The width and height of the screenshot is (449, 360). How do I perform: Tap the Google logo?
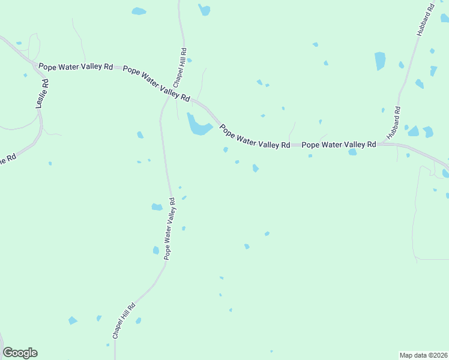[x=20, y=353]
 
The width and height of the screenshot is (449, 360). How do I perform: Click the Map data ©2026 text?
[x=424, y=355]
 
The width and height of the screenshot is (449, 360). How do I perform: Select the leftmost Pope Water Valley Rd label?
[x=76, y=67]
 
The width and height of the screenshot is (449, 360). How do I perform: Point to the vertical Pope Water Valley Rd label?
[x=169, y=229]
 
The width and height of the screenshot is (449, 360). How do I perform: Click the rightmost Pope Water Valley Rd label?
[x=339, y=145]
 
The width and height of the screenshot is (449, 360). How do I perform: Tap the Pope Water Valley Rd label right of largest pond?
[x=255, y=137]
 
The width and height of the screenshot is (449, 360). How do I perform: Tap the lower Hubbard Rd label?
[x=393, y=123]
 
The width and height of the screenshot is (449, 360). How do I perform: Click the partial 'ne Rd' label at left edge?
[x=7, y=160]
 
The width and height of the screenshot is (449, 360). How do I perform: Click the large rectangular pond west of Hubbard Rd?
[x=379, y=61]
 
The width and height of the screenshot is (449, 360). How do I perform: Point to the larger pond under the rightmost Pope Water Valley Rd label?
[x=352, y=152]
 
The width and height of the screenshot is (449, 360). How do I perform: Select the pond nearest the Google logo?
[x=73, y=320]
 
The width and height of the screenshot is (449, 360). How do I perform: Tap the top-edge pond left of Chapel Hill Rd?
[x=139, y=11]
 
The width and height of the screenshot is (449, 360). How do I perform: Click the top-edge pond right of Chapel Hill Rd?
[x=205, y=10]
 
